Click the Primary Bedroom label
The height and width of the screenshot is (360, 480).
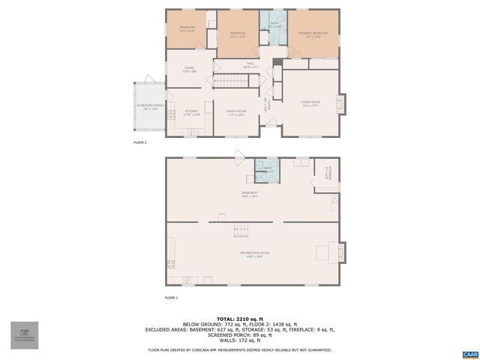coord(313,33)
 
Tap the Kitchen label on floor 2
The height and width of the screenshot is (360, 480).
coord(191,112)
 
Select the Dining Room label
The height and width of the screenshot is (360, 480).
coord(237,112)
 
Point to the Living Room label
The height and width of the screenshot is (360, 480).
coord(310,103)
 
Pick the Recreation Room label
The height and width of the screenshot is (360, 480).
coord(255,253)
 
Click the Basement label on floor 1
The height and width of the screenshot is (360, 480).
coord(250,193)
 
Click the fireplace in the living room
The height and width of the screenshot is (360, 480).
coord(343,104)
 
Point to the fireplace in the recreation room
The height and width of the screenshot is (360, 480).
coord(343,253)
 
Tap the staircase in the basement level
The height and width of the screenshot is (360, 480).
coord(240,229)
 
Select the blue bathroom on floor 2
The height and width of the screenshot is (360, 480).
coord(274,25)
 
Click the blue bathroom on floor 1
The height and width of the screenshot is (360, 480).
coord(268,170)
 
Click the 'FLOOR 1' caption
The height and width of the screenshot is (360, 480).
coord(172,298)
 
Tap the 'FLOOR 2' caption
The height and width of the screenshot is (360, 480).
coord(140,142)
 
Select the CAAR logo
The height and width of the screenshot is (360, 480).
coord(469,352)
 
